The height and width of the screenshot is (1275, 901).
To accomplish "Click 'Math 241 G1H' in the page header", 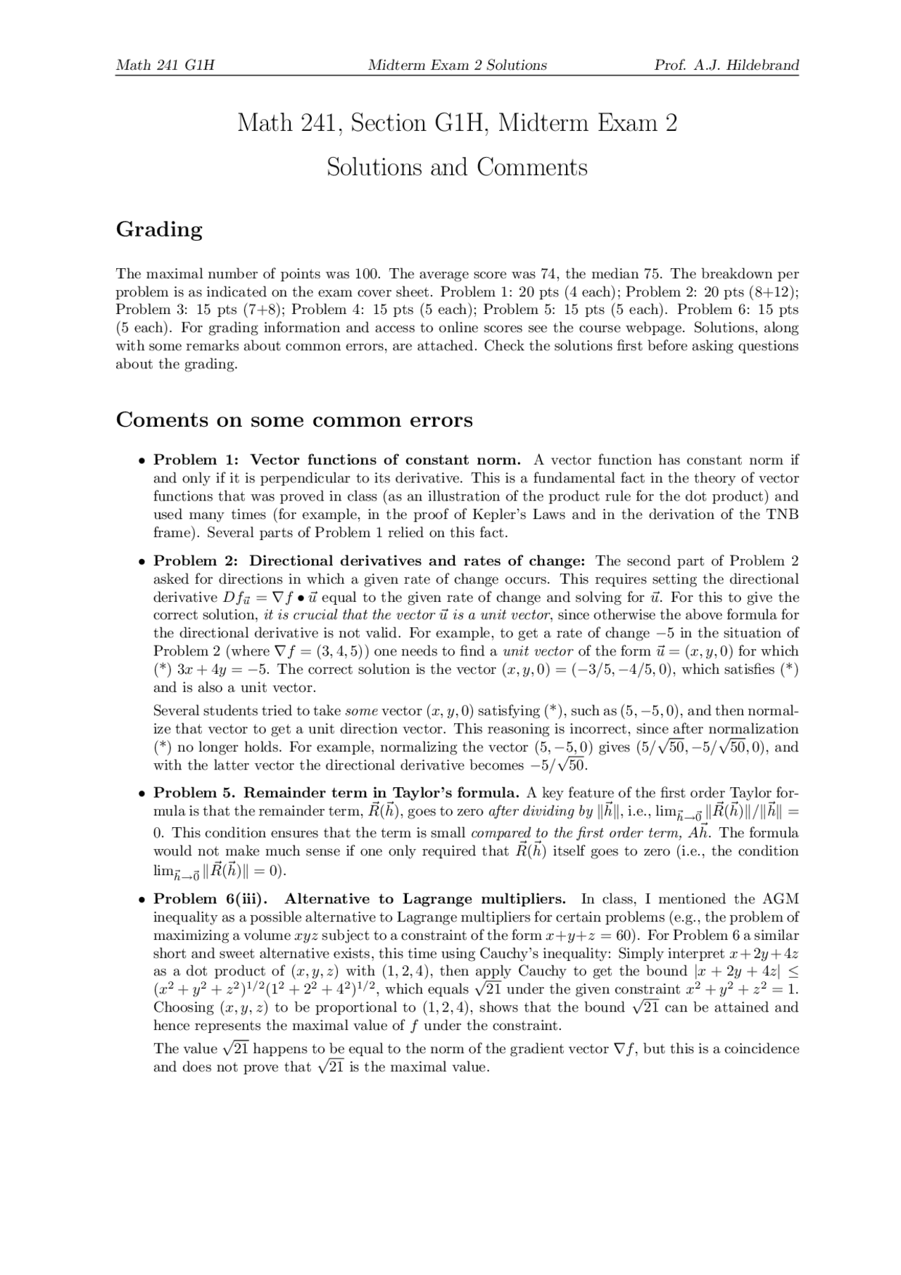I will [x=165, y=65].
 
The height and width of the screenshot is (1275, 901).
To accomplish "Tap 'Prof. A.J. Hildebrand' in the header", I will [x=726, y=65].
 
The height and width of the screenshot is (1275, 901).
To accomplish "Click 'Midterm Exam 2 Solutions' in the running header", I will [x=457, y=65].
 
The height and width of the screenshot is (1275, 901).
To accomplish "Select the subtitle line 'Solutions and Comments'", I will [x=457, y=168].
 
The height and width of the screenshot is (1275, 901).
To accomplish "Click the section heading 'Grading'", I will [x=159, y=230].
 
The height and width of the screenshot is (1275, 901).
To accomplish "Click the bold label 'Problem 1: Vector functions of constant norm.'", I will [x=337, y=460].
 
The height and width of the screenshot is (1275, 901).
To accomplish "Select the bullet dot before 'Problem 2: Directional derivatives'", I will [x=141, y=562].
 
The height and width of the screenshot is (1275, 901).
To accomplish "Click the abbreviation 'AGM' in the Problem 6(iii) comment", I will [x=781, y=899].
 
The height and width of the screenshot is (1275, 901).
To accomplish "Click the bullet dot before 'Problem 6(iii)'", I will [x=141, y=900].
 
